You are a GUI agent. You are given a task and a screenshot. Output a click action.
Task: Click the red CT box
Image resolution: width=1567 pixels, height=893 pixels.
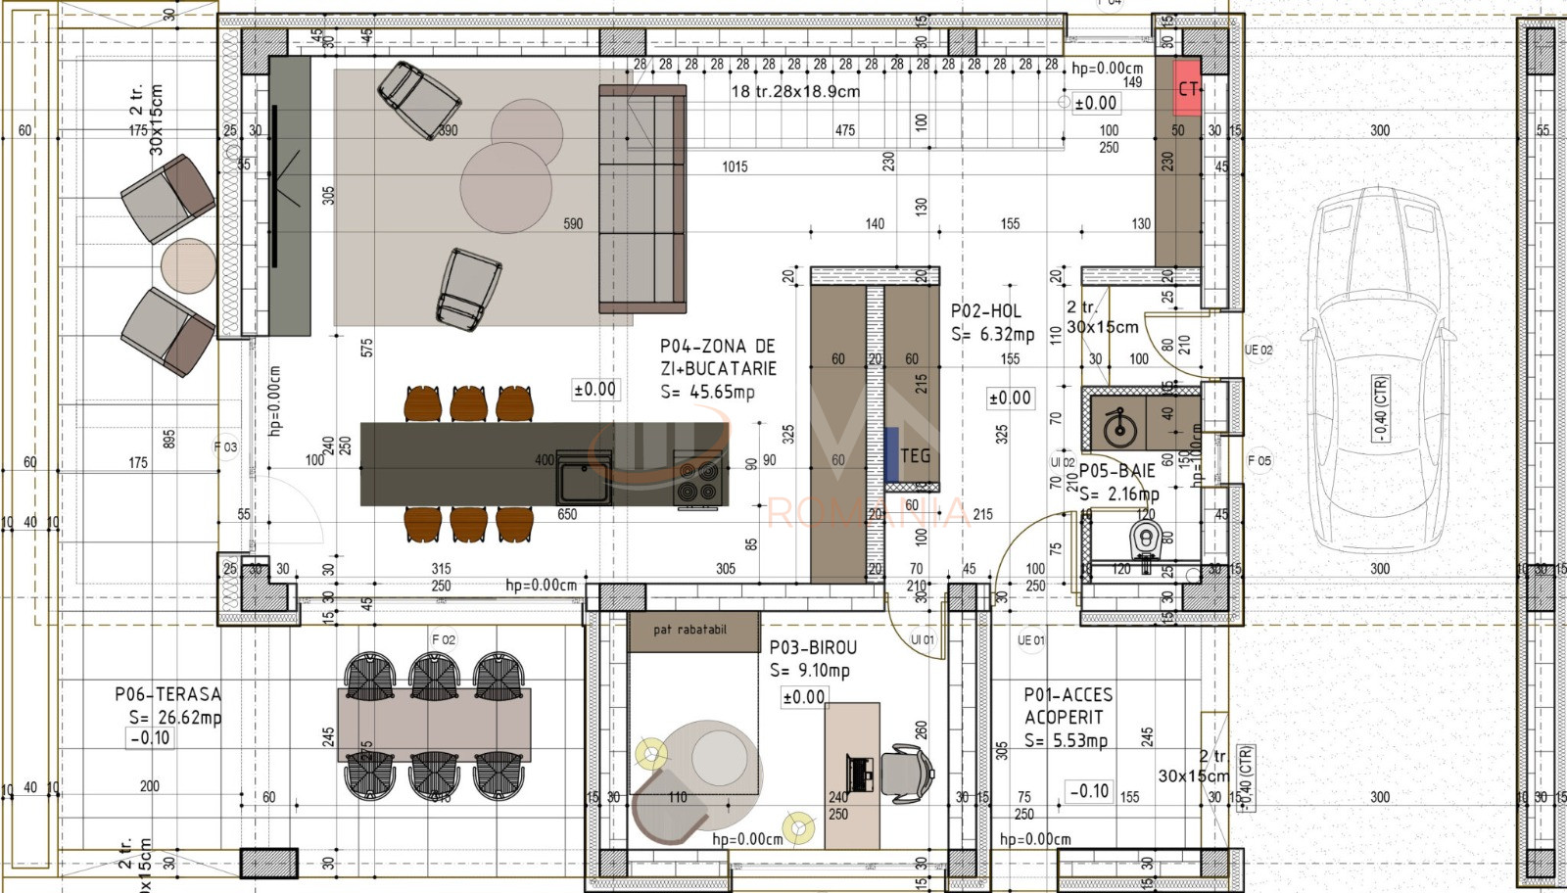(x=1187, y=88)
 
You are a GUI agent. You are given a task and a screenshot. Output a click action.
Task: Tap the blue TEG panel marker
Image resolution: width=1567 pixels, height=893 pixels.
(x=892, y=455)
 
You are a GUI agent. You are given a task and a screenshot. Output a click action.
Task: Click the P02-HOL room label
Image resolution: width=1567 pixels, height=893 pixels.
(x=985, y=311)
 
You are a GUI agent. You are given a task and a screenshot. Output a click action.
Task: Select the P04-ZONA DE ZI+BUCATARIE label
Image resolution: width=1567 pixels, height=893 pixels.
(x=717, y=357)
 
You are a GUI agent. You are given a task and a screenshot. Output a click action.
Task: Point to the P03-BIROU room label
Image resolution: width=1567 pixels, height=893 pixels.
(x=812, y=647)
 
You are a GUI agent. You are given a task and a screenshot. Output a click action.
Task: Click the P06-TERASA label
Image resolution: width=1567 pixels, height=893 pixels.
(x=167, y=694)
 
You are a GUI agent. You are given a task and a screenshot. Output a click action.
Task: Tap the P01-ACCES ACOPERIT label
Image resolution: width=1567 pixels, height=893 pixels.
(x=1068, y=705)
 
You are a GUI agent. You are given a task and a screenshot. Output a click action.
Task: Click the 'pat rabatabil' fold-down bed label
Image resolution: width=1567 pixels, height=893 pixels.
(x=690, y=630)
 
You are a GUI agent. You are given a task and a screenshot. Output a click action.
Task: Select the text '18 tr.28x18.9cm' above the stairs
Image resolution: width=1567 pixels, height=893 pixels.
(x=795, y=91)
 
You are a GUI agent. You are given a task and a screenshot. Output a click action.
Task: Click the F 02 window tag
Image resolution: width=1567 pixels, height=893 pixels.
(x=444, y=639)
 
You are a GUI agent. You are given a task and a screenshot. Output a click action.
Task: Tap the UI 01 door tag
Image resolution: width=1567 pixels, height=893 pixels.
(x=923, y=639)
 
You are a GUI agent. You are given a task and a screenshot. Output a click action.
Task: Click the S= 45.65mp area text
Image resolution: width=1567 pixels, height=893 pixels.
(x=707, y=392)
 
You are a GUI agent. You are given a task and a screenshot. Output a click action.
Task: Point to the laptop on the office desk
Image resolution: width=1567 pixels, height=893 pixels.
(x=862, y=774)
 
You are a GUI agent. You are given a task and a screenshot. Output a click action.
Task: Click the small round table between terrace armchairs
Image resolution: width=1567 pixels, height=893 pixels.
(x=188, y=265)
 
